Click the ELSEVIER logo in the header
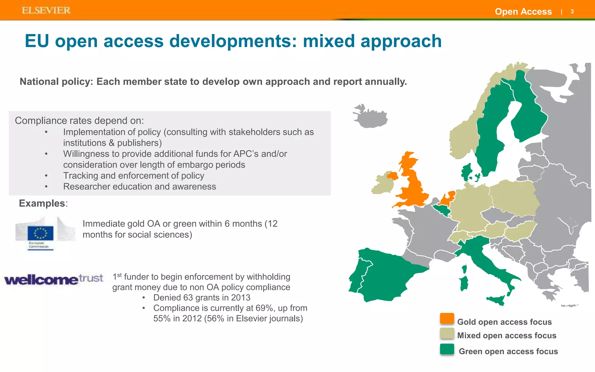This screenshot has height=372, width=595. click(46, 10)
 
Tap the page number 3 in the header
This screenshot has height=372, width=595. click(572, 12)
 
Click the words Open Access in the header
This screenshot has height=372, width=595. click(523, 12)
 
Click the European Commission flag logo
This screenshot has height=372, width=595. click(41, 233)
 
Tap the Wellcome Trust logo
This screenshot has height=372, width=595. click(54, 279)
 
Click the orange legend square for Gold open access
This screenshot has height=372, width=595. click(447, 319)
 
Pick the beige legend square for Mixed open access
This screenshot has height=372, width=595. click(447, 334)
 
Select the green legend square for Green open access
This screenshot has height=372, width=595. click(447, 349)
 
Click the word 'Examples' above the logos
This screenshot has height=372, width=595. click(42, 203)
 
